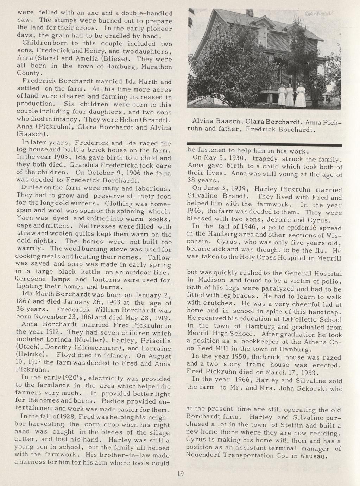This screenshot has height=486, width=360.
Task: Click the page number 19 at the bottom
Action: coord(181,474)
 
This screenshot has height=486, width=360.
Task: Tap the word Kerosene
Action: coord(29,279)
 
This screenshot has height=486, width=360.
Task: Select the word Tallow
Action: coord(159,257)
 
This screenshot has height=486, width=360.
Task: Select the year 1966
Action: coord(240,380)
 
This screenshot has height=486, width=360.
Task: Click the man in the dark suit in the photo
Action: coord(314,94)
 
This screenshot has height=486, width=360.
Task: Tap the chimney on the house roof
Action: coord(250,12)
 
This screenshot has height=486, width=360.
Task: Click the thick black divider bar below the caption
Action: coord(265,145)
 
